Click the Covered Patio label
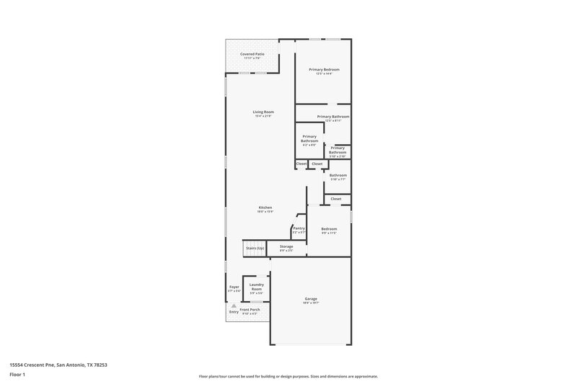[252, 54]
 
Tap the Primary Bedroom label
[324, 69]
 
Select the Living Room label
[263, 112]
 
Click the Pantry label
[299, 228]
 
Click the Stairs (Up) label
[255, 248]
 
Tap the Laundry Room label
[256, 286]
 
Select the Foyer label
[234, 287]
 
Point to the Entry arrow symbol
[234, 305]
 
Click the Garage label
[311, 298]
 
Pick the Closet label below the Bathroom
[336, 199]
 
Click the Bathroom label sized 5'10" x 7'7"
[338, 175]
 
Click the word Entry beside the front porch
[234, 312]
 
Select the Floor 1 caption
[17, 375]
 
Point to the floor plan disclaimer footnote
[288, 376]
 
